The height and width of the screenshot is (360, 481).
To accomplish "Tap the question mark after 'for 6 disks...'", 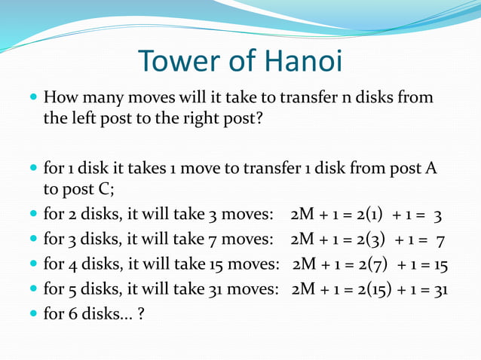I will [x=141, y=313].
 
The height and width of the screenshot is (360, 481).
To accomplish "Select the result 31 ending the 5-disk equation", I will [x=438, y=288].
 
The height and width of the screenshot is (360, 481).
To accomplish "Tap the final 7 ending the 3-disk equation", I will [x=440, y=240].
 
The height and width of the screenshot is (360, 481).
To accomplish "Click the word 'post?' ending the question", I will [x=242, y=119].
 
